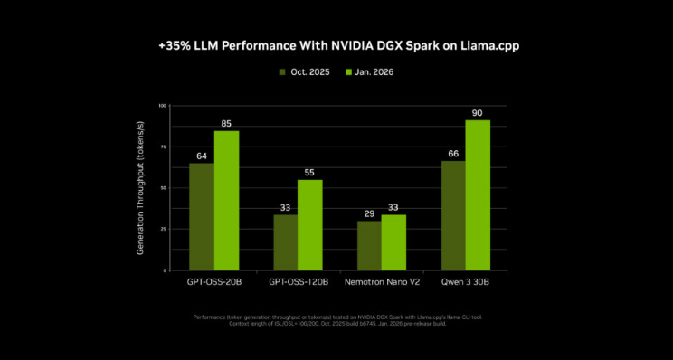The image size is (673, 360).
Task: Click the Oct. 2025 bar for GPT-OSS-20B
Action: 201,216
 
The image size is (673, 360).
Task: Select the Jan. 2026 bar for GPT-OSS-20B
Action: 226,200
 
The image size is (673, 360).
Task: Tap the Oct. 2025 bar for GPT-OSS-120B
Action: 285,242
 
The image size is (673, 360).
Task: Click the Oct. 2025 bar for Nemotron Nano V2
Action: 368,245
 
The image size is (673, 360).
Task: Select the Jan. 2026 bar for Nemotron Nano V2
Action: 393,242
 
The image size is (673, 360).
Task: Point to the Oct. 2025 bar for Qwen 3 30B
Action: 452,215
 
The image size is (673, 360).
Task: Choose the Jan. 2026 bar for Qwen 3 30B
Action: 478,194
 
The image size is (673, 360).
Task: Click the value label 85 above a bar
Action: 226,123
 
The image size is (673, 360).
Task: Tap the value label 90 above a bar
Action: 478,112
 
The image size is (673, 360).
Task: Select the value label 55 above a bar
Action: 310,172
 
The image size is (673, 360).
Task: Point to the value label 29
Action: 368,213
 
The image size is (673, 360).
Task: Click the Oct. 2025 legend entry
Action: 305,71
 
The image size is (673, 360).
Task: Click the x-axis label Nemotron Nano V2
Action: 381,282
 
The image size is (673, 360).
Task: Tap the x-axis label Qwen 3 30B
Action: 465,282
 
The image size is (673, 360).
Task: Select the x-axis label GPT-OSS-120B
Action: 298,282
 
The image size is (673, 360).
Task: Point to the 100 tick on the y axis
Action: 162,106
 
